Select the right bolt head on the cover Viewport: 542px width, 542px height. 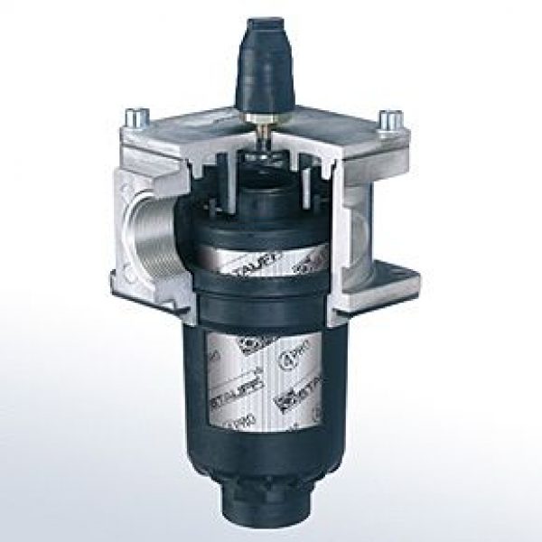(x=390, y=118)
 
